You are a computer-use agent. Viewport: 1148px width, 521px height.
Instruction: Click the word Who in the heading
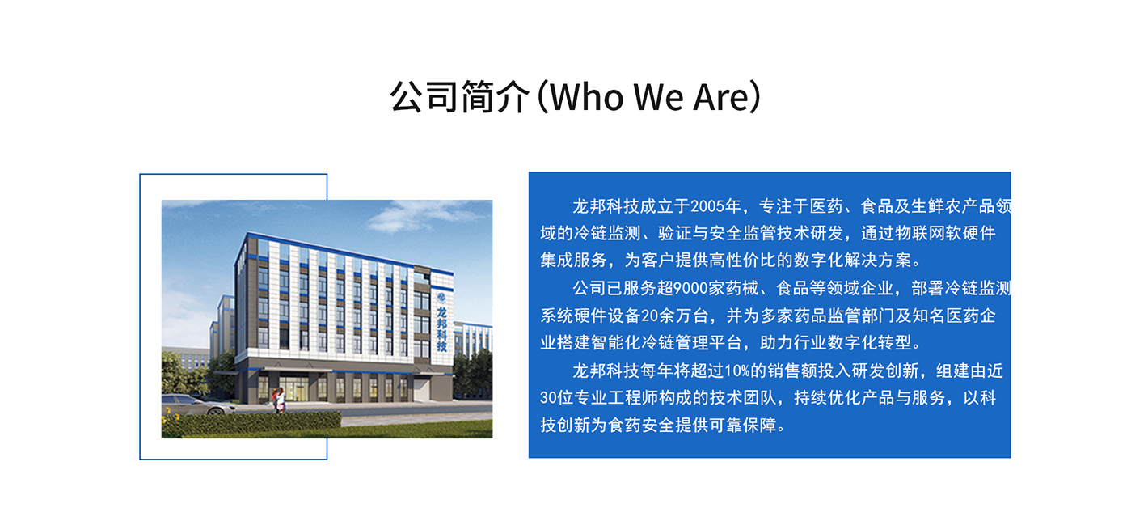coord(587,96)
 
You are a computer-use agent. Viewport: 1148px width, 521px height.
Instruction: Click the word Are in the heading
coord(722,97)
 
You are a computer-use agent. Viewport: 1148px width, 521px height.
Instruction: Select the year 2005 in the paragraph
coord(707,206)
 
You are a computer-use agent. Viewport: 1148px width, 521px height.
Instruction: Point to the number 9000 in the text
coord(690,288)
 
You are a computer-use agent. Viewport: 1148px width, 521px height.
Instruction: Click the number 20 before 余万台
coord(649,316)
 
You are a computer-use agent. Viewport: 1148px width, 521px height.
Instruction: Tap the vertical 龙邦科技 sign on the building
coord(441,328)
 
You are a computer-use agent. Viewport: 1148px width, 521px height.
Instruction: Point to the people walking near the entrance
coord(279,400)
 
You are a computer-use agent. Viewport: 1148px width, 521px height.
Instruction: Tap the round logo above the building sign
coord(441,297)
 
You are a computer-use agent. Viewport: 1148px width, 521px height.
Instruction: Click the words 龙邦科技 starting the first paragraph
coord(606,206)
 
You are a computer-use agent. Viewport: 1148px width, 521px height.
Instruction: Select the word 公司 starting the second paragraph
coord(589,288)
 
